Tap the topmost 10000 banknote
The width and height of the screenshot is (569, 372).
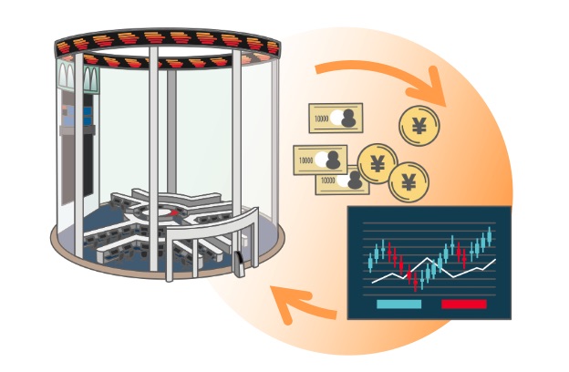[336, 118]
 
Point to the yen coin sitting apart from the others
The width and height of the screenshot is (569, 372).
[419, 126]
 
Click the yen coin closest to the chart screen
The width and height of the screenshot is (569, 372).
[409, 182]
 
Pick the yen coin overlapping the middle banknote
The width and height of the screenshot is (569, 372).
[378, 164]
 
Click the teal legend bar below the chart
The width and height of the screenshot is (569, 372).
[398, 304]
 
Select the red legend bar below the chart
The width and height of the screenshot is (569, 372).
[464, 304]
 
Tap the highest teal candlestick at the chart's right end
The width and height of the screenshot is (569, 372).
[490, 236]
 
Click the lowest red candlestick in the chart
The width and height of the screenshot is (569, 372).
[416, 282]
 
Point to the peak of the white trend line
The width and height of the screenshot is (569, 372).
[429, 258]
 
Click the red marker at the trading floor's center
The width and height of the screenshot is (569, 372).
[174, 212]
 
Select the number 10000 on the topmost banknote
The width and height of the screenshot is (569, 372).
[321, 119]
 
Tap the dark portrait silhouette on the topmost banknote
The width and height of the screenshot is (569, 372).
[348, 118]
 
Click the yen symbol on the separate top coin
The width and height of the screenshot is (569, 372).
[419, 126]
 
